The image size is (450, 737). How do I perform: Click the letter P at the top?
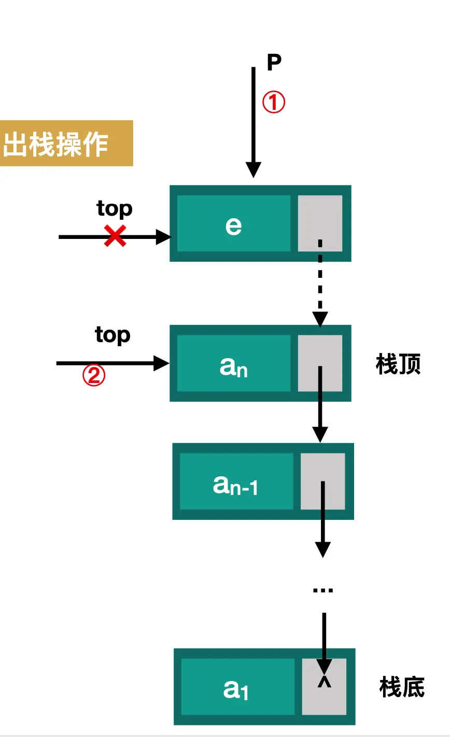tap(274, 62)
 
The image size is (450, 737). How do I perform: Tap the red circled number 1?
tap(274, 102)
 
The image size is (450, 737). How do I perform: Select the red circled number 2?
tap(94, 376)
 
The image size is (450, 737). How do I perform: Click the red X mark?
tap(115, 236)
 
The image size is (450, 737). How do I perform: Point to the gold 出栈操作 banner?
tap(66, 144)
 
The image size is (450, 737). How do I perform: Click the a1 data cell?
tap(237, 687)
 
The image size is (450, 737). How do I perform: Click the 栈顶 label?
tap(398, 365)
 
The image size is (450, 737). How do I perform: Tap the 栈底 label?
tap(402, 687)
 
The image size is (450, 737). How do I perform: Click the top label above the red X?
tap(114, 208)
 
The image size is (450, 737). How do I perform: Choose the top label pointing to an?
tap(112, 335)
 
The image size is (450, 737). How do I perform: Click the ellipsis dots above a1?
tap(323, 590)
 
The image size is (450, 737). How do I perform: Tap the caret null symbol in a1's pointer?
tap(324, 682)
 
